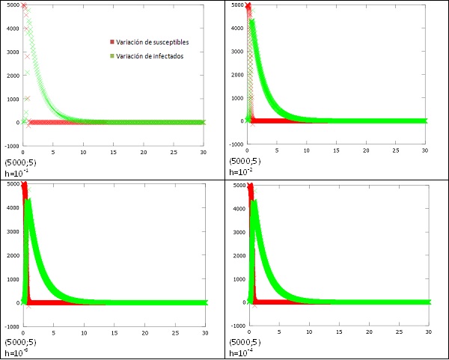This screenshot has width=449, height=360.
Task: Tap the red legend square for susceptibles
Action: point(112,42)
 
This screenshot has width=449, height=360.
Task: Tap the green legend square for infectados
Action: point(112,56)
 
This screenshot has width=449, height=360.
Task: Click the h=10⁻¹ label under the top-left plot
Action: point(16,173)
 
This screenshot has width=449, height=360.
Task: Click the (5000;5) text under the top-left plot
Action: point(19,162)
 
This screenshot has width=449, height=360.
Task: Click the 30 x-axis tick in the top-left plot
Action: point(203,153)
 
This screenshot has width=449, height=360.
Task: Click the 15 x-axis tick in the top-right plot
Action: point(336,152)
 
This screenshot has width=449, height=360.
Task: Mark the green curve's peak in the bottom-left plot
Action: point(28,201)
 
